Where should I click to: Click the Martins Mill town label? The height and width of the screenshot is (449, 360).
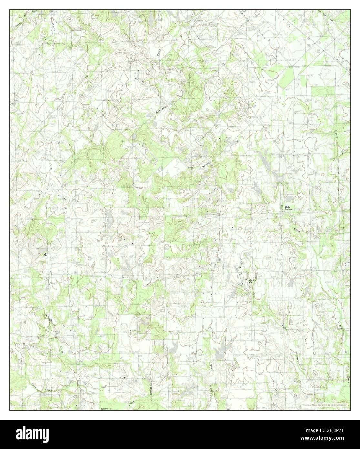click(252, 281)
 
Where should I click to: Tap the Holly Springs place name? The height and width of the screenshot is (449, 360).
click(288, 208)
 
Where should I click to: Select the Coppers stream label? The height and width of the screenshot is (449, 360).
click(210, 365)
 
